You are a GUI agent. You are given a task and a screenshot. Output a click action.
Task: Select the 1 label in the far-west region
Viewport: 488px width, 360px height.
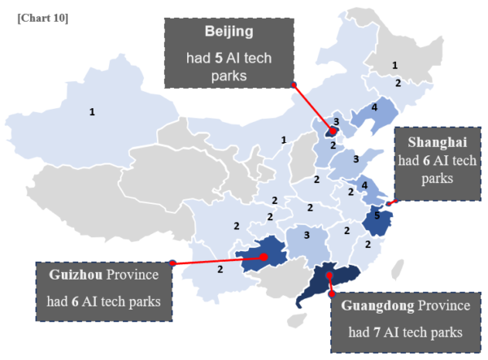[92, 111]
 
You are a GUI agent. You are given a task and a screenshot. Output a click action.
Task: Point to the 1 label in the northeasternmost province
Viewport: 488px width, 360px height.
[394, 65]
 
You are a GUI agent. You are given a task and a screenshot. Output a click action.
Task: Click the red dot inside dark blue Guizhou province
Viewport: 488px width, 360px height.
[264, 257]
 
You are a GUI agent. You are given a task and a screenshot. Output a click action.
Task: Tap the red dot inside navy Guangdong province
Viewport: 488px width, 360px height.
[329, 276]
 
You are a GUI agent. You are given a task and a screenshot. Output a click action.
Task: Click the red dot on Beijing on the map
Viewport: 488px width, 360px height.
[332, 131]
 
